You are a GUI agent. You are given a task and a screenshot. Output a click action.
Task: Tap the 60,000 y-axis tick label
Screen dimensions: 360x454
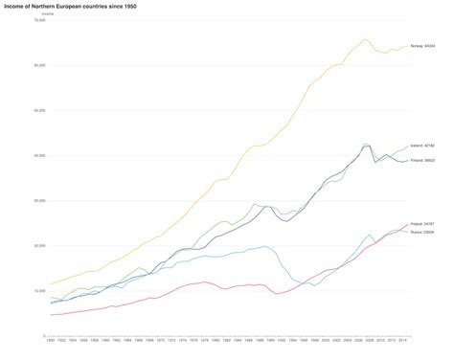[39, 65]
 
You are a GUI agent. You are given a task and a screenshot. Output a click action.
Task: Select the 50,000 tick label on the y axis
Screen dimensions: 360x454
[39, 110]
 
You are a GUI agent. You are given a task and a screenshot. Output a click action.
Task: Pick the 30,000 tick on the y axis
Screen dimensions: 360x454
[39, 200]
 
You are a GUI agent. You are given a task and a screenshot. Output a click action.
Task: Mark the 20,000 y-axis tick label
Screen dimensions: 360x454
[39, 245]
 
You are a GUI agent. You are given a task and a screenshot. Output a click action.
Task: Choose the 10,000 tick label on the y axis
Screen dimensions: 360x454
[39, 290]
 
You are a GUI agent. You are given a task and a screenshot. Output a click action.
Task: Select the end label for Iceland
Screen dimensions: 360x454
[422, 146]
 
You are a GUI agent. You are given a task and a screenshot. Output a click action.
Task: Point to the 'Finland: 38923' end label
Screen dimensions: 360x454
[422, 161]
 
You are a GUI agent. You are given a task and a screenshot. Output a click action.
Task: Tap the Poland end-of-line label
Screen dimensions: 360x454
[422, 222]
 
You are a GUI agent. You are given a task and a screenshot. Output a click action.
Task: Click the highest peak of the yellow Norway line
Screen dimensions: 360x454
[366, 39]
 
